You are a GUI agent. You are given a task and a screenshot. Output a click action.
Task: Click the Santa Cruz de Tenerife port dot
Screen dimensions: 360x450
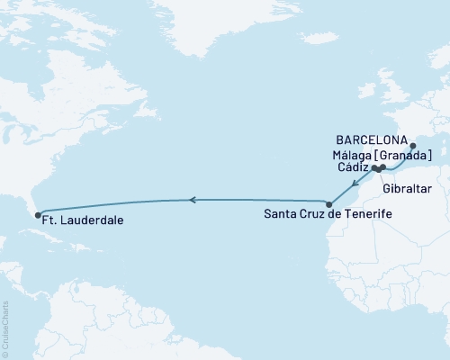329,205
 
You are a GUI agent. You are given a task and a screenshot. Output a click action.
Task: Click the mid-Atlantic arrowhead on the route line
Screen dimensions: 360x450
192,200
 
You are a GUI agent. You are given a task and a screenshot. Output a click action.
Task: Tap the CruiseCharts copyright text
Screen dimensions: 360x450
6,325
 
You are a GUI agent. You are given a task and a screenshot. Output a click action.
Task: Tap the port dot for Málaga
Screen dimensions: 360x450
382,167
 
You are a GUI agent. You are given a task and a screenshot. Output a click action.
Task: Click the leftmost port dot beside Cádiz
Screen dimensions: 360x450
373,167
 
